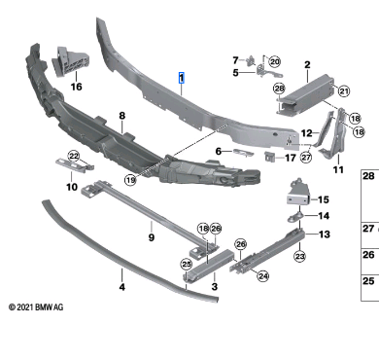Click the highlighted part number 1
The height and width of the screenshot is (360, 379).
182,78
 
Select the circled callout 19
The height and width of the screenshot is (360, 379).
130,180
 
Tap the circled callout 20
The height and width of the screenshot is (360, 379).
274,61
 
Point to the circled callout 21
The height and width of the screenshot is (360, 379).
344,91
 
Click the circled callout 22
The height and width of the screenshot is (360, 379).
74,157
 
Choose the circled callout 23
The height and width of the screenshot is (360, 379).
299,257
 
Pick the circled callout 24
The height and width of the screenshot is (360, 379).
262,276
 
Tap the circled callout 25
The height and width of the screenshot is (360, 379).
187,265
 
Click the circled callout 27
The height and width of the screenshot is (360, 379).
306,158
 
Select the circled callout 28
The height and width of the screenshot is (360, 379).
279,89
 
